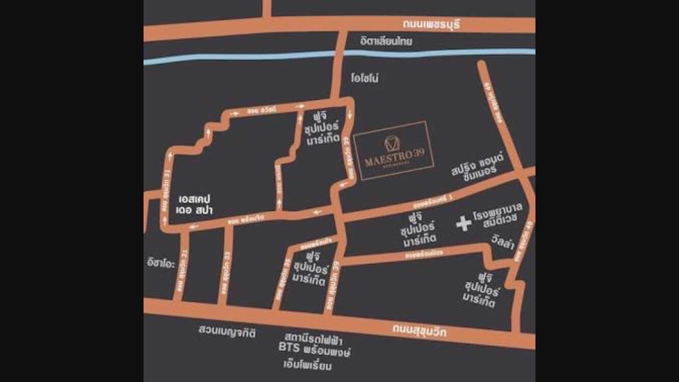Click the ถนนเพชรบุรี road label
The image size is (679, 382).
click(x=431, y=24)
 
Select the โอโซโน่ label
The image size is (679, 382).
click(x=364, y=78)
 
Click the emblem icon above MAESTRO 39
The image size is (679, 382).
click(x=392, y=143)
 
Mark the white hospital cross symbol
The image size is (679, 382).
click(x=463, y=224)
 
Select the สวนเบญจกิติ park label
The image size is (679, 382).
click(x=227, y=332)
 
